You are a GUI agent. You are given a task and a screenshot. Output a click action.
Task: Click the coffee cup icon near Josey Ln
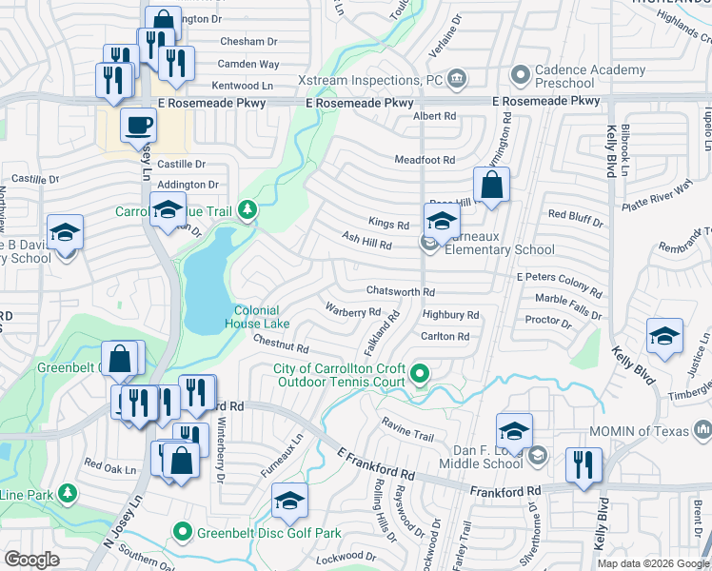pos(139,125)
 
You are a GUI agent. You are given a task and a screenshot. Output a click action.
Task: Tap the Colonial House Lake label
pos(257,317)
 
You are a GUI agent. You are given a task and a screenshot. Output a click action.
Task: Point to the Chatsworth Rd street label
pos(401,291)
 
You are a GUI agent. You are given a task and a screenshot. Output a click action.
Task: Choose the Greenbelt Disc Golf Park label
pos(268,533)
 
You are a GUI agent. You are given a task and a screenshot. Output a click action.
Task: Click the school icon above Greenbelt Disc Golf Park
pos(289,501)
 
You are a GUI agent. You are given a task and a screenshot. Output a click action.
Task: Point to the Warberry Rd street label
pos(353,311)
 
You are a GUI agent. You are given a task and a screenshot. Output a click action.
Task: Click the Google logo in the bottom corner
pos(31,560)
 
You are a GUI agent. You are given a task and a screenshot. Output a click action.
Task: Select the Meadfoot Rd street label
pos(425,160)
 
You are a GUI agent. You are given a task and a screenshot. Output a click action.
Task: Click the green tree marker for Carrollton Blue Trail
pos(247,208)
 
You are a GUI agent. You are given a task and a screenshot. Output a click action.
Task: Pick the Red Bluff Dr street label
pos(575,219)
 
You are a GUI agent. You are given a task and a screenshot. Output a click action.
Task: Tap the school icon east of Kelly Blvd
pos(664,336)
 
